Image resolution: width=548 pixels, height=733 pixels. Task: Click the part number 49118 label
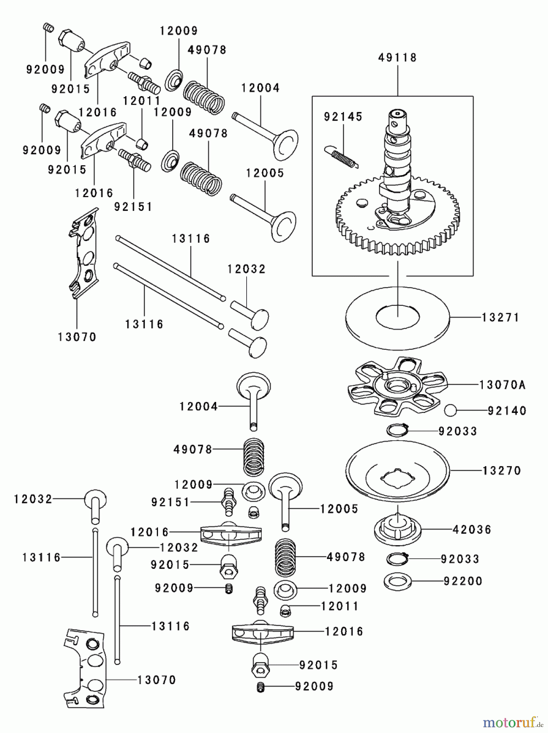coord(397,58)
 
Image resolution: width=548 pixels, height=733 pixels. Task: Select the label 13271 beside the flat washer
coord(500,317)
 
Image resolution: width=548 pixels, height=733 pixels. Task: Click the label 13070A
coord(502,385)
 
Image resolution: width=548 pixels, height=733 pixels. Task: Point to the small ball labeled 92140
coord(450,410)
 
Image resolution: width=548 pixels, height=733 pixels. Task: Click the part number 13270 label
coord(502,471)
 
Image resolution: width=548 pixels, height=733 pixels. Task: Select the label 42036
coord(472,530)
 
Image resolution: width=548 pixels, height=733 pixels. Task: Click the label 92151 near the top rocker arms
coord(133,207)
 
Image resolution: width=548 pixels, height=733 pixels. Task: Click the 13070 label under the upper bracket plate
coord(77,337)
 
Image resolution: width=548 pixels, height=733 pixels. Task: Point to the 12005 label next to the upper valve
coord(265,173)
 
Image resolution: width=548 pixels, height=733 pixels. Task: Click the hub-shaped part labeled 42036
coord(397,529)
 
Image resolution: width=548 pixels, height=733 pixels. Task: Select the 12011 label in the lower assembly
coord(340,606)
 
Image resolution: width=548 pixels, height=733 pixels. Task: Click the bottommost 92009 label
coord(314,686)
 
